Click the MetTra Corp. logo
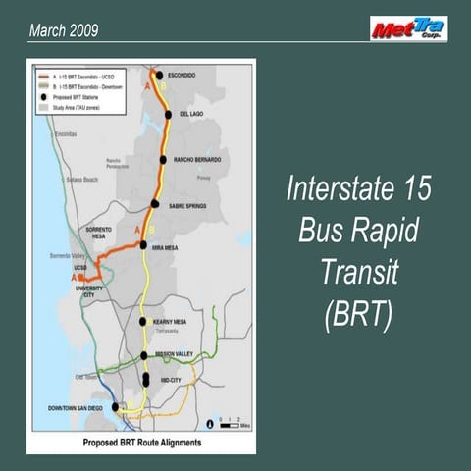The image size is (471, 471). (408, 28)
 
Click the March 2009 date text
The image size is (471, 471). (64, 31)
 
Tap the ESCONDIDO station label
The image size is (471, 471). (182, 75)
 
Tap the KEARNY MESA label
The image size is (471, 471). (170, 321)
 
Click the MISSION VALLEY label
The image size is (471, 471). (175, 355)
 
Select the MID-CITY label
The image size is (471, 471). (168, 379)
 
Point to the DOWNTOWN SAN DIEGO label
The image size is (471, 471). (78, 407)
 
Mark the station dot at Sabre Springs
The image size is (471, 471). (154, 204)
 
